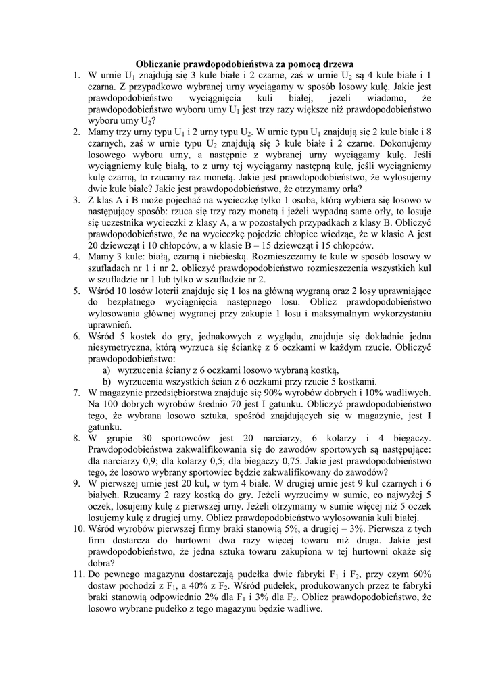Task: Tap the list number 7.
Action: (76, 391)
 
